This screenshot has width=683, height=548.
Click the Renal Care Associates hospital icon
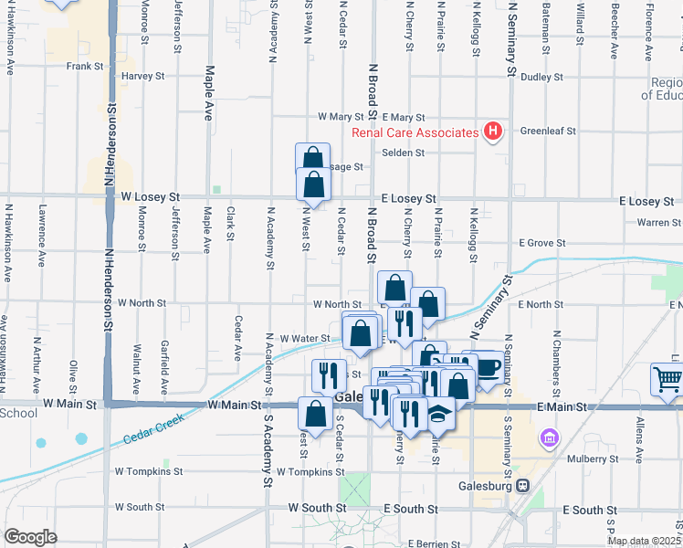click(493, 132)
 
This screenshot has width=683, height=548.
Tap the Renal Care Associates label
click(415, 132)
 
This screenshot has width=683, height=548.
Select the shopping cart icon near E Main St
click(667, 378)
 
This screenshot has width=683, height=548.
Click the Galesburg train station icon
click(522, 486)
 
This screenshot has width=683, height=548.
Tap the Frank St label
click(84, 66)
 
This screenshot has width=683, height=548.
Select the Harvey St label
click(142, 77)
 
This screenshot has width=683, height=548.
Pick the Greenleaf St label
click(548, 131)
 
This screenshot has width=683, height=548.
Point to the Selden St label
click(404, 153)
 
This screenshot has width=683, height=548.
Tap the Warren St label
click(659, 222)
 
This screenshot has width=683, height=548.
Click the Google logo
click(30, 536)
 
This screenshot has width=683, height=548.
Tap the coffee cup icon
click(489, 366)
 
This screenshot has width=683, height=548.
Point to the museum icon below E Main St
click(548, 439)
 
